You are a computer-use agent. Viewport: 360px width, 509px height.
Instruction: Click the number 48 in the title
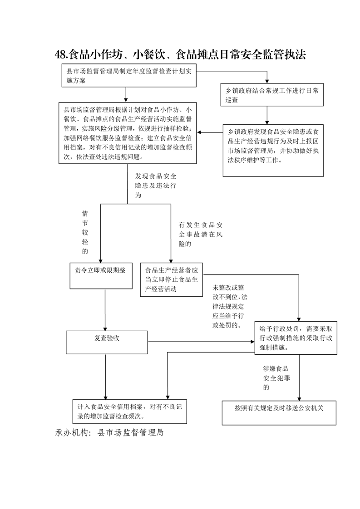pos(60,54)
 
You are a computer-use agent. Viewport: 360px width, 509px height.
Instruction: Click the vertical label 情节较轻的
pos(85,232)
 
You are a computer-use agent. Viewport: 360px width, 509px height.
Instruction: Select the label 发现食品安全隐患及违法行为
pos(156,186)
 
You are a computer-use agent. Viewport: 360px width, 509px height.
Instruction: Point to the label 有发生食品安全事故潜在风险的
pos(201,234)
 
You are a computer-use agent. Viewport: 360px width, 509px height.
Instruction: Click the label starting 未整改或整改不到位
pos(230,306)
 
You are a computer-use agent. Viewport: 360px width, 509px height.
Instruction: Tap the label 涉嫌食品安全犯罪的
pos(276,378)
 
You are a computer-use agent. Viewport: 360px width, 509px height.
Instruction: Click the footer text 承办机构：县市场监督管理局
pos(109,432)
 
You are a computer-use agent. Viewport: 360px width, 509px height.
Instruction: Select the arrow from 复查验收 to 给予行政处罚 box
pos(201,342)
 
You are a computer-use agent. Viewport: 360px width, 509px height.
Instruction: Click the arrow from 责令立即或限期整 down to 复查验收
pos(105,310)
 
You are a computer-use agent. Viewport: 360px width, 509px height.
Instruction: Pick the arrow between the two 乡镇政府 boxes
pos(267,115)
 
